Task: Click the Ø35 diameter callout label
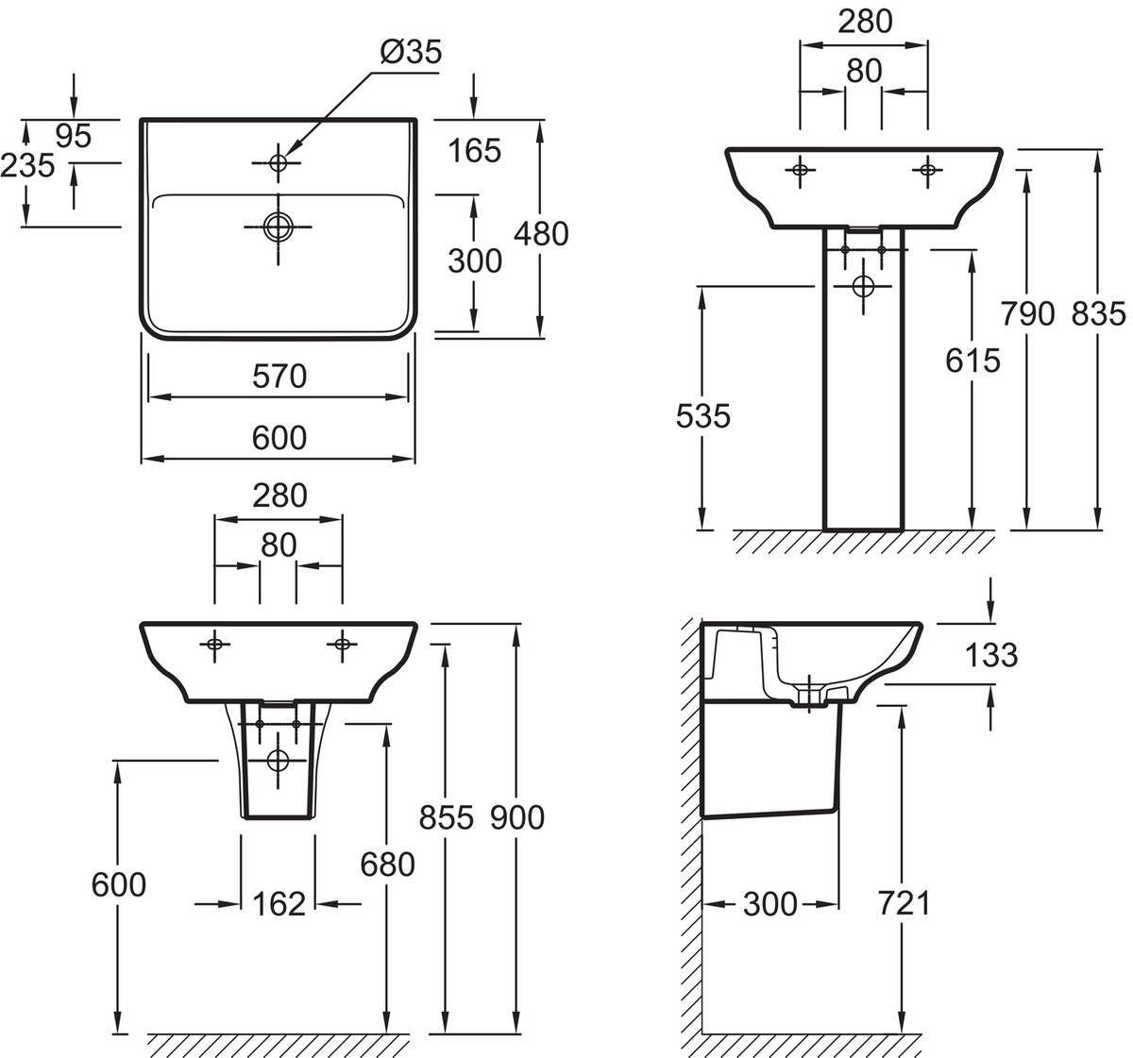tap(411, 52)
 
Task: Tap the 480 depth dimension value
tap(541, 234)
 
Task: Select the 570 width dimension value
tap(279, 377)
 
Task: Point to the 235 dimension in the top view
tap(27, 166)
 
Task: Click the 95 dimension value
tap(74, 136)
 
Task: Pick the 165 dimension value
tap(474, 151)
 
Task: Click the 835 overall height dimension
tap(1098, 314)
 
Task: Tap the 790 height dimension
tap(1027, 314)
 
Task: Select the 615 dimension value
tap(972, 361)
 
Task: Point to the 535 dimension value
tap(702, 416)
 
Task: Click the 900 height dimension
tap(517, 818)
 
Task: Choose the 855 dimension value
tap(447, 818)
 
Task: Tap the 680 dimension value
tap(387, 865)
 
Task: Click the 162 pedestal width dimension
tap(279, 904)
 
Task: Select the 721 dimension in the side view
tap(905, 904)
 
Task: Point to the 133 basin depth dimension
tap(991, 655)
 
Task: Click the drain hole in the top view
tap(279, 227)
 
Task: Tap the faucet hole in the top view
tap(279, 163)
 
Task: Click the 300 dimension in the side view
tap(769, 904)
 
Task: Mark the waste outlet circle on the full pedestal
tap(863, 286)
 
